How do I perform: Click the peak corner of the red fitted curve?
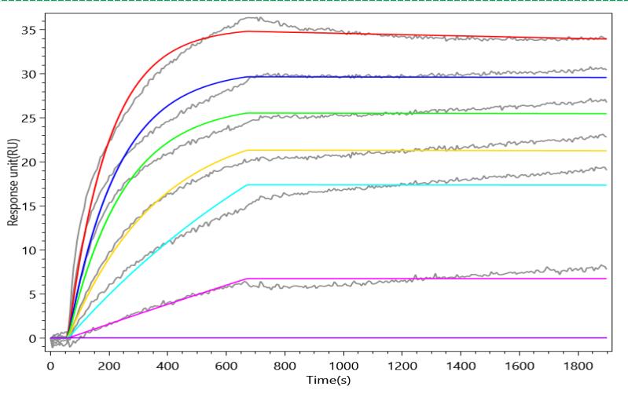[x=248, y=31]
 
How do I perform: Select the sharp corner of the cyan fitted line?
[x=248, y=185]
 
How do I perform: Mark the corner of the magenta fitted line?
[x=248, y=279]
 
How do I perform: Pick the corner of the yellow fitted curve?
[x=248, y=150]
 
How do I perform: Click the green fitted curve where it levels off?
[x=248, y=113]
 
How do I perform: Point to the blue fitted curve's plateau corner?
[x=248, y=77]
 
